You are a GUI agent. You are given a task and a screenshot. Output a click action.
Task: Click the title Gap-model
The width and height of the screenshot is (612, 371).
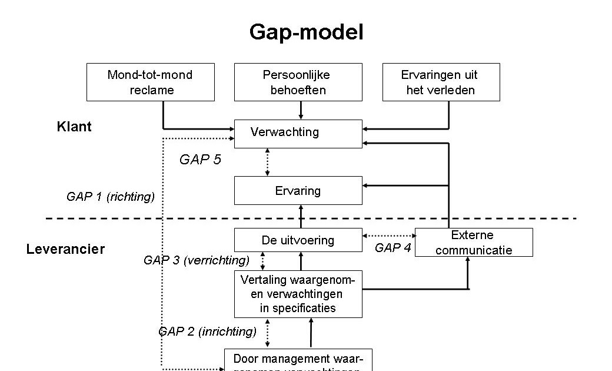tap(306, 32)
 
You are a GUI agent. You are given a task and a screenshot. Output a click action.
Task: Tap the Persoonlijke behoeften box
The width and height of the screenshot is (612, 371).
tap(298, 82)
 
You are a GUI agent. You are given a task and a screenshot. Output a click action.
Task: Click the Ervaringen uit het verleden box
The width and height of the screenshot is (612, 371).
tap(441, 82)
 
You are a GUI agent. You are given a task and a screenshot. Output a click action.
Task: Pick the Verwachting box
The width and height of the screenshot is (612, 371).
tap(298, 133)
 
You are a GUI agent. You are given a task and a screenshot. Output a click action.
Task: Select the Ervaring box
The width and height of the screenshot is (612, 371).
tap(298, 191)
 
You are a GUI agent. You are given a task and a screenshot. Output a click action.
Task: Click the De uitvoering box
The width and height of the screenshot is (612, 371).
tap(298, 240)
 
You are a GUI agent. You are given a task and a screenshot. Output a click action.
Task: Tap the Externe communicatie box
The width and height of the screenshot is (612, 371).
tap(474, 243)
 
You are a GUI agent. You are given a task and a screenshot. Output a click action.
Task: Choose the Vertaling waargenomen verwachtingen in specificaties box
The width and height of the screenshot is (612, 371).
tap(298, 293)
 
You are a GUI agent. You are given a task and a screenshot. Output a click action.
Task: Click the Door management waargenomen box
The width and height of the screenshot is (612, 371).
tap(298, 360)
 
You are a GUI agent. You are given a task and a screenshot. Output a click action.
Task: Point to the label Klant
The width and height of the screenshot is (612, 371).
tap(74, 127)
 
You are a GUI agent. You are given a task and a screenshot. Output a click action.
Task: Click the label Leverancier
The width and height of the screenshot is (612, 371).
tap(65, 249)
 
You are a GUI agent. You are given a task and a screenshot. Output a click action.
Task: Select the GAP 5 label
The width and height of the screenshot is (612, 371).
tap(200, 160)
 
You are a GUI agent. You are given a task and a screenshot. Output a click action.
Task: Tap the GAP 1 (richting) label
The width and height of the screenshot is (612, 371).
tap(111, 197)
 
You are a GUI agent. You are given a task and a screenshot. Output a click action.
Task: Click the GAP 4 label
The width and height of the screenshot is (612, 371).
tap(393, 248)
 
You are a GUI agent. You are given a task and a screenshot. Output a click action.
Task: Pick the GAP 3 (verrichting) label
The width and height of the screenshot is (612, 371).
tap(197, 260)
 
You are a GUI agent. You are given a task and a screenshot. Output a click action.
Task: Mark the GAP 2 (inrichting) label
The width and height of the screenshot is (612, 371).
tap(207, 332)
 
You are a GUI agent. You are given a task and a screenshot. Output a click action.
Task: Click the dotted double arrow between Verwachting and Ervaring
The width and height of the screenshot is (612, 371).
tap(268, 162)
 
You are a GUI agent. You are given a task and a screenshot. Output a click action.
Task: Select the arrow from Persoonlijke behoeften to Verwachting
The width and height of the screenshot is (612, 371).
tap(301, 110)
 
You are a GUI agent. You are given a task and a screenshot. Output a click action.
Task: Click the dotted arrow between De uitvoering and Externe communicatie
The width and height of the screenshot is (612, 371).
tap(389, 236)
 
